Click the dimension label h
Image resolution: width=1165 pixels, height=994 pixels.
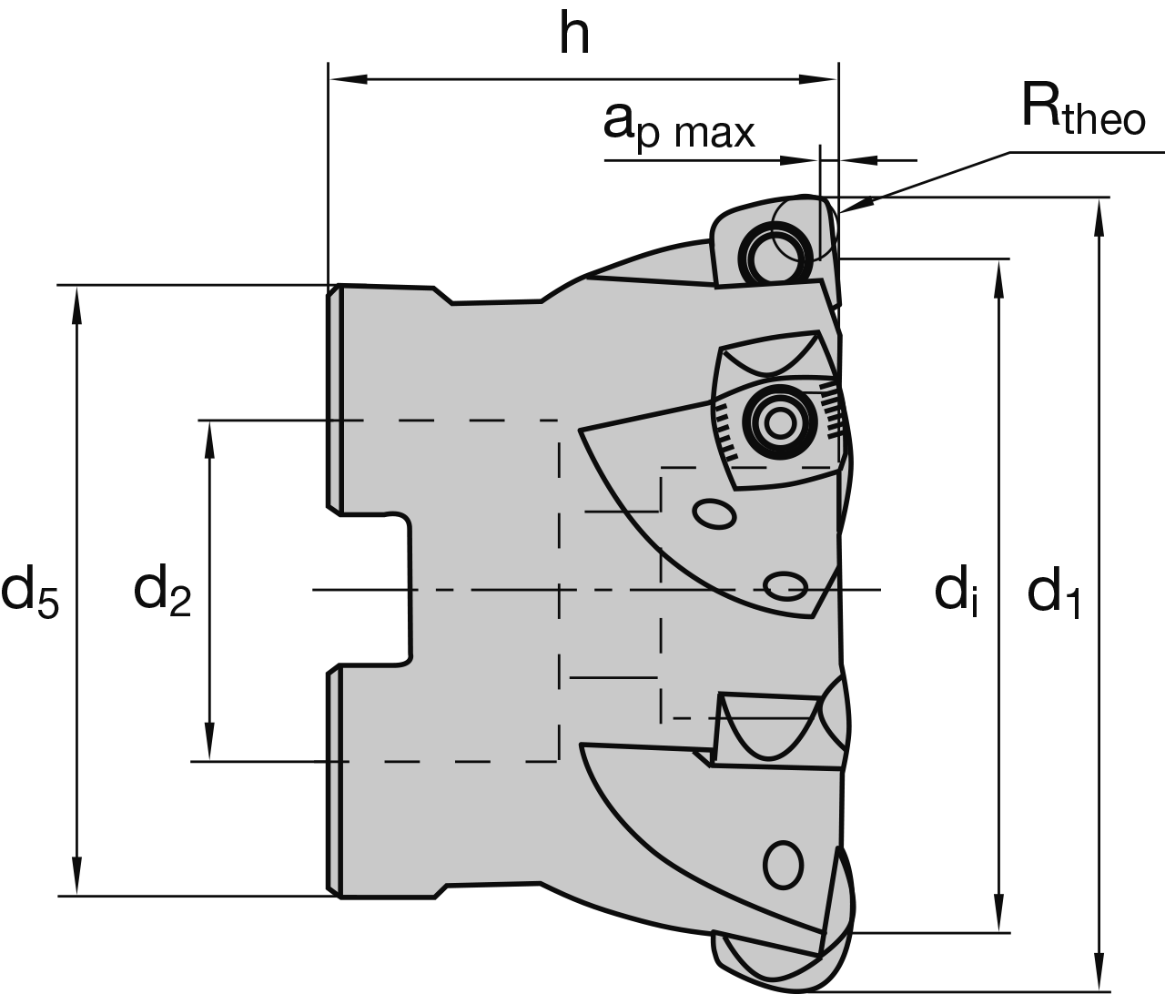coord(574,35)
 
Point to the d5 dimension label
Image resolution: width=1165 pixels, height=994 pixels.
coord(30,591)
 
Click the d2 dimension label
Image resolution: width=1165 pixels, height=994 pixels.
coord(163,591)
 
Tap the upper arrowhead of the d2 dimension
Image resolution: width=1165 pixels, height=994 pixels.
coord(210,437)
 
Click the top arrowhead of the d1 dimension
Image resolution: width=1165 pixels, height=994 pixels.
coord(1099,214)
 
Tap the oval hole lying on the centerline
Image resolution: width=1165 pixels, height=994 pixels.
coord(784,583)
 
